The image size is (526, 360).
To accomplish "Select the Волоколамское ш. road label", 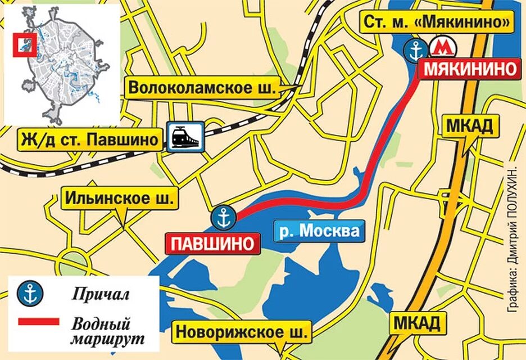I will [x=203, y=88].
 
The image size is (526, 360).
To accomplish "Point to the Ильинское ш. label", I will [x=120, y=198].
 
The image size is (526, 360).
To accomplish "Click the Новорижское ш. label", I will [x=243, y=332].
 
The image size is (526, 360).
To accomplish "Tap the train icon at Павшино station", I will [x=185, y=137].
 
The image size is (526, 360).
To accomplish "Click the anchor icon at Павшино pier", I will [x=223, y=217].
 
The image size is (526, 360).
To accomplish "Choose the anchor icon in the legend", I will [x=26, y=293].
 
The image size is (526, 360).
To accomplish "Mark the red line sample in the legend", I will [x=38, y=322].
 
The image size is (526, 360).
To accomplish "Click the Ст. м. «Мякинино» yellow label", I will [x=437, y=22].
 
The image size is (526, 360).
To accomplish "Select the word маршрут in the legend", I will [x=107, y=340].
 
